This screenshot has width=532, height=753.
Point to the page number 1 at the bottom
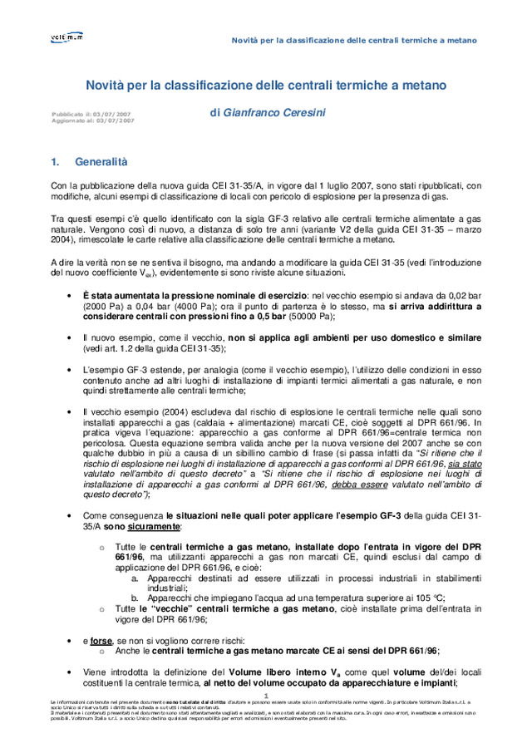pyautogui.click(x=266, y=696)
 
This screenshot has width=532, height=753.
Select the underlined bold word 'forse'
pyautogui.click(x=101, y=641)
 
